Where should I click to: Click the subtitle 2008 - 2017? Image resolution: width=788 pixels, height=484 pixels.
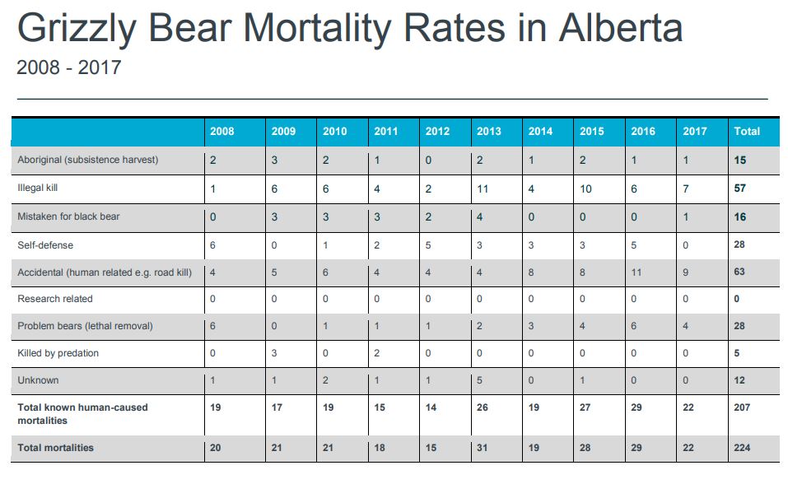[x=68, y=67]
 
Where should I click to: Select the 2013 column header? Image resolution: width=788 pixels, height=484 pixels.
[x=488, y=132]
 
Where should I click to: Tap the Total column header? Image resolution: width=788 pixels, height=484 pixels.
[x=747, y=132]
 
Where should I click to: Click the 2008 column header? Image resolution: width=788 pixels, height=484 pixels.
[x=221, y=132]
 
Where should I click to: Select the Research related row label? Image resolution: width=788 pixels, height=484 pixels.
[x=55, y=299]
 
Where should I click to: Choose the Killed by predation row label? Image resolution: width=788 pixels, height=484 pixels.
[x=58, y=353]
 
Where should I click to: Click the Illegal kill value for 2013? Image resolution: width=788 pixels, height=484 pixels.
[x=483, y=189]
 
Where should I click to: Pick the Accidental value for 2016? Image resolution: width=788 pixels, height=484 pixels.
[x=636, y=272]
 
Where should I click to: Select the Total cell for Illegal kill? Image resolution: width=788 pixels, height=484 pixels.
[x=740, y=189]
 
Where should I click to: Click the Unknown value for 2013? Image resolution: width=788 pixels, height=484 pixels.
[x=479, y=380]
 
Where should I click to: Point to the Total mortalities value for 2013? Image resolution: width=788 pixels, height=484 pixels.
[x=483, y=448]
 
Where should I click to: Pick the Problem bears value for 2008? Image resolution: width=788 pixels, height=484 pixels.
[x=212, y=326]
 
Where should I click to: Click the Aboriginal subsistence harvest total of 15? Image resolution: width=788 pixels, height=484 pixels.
[x=740, y=161]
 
